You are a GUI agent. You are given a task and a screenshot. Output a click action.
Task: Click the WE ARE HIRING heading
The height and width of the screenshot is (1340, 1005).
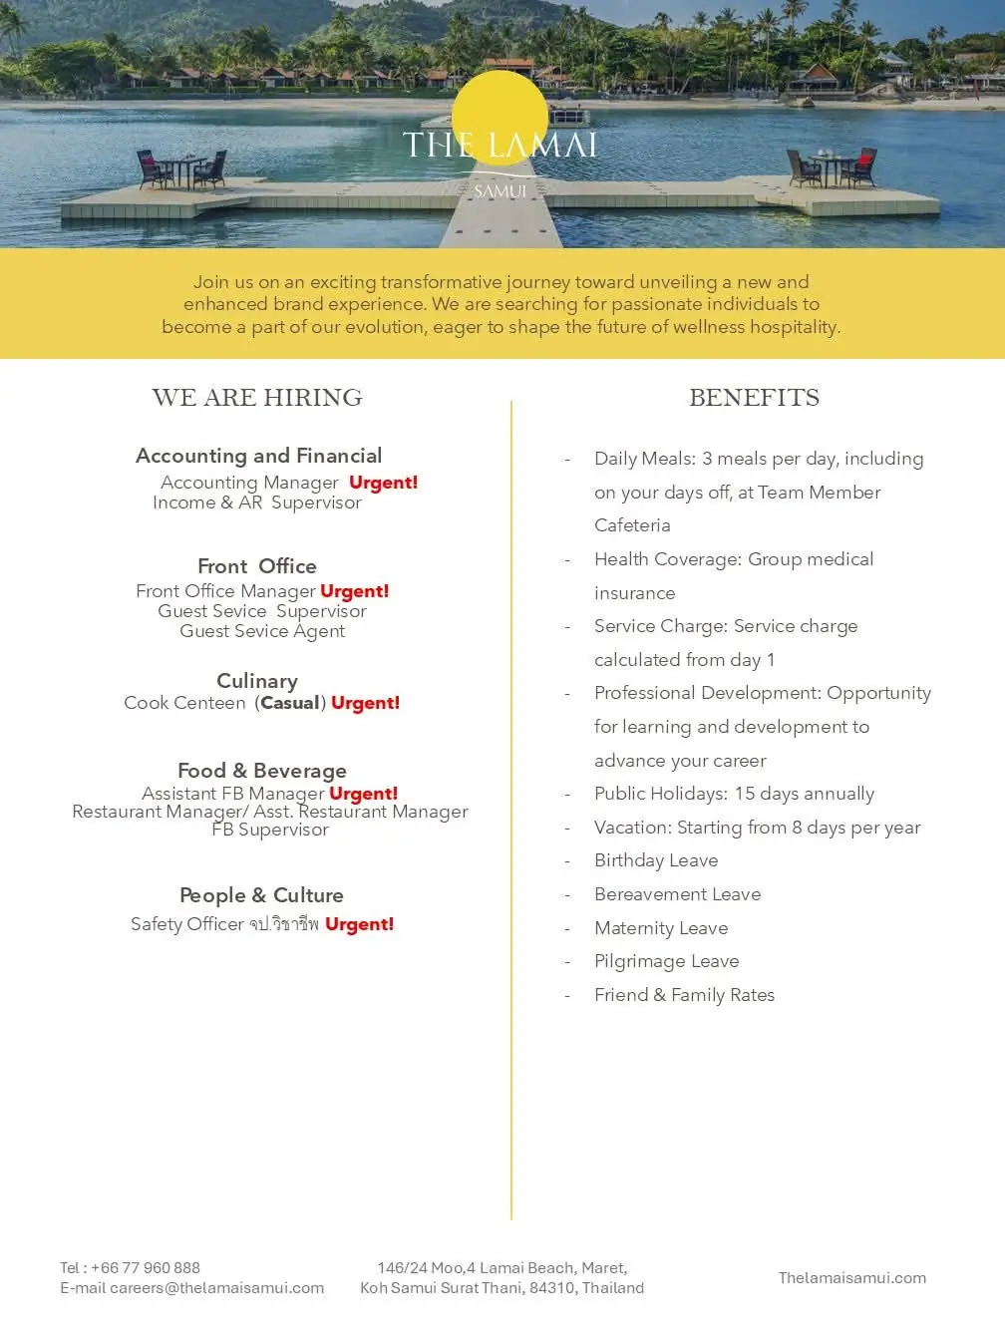257,398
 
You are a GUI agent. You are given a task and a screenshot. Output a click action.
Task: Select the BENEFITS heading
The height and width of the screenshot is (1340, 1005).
754,398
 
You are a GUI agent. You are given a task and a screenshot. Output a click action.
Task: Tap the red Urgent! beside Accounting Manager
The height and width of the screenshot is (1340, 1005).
383,483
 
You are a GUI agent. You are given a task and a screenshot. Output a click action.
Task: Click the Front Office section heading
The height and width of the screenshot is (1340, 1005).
257,566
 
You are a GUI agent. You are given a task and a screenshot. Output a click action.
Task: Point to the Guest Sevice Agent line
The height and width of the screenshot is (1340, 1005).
262,631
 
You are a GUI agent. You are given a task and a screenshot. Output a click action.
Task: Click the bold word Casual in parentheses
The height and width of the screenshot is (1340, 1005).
290,703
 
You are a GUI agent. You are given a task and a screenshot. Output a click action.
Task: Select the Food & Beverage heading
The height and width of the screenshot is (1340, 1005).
262,771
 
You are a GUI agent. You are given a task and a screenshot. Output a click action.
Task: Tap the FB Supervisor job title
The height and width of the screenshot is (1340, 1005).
270,830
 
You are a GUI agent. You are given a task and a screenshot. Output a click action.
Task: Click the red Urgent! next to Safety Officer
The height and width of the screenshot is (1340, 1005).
359,924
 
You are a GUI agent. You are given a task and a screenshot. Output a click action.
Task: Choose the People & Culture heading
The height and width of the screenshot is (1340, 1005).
261,895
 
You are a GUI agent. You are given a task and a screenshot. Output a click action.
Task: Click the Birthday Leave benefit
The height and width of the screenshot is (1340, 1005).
656,860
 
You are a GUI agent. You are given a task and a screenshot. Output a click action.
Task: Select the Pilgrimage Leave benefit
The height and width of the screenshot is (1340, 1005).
666,961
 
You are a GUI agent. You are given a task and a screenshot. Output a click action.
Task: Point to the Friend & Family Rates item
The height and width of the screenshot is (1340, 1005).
684,995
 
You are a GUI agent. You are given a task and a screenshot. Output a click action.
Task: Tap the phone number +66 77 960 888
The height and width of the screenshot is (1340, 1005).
146,1268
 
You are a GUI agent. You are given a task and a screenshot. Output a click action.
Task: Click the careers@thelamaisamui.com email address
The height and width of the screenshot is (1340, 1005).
216,1288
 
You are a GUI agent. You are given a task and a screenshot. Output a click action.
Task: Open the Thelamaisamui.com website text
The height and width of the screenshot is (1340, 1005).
851,1278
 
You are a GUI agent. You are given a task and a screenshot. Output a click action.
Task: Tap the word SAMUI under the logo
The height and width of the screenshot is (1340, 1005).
500,190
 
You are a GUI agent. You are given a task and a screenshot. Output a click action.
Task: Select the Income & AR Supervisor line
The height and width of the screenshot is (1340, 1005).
257,502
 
